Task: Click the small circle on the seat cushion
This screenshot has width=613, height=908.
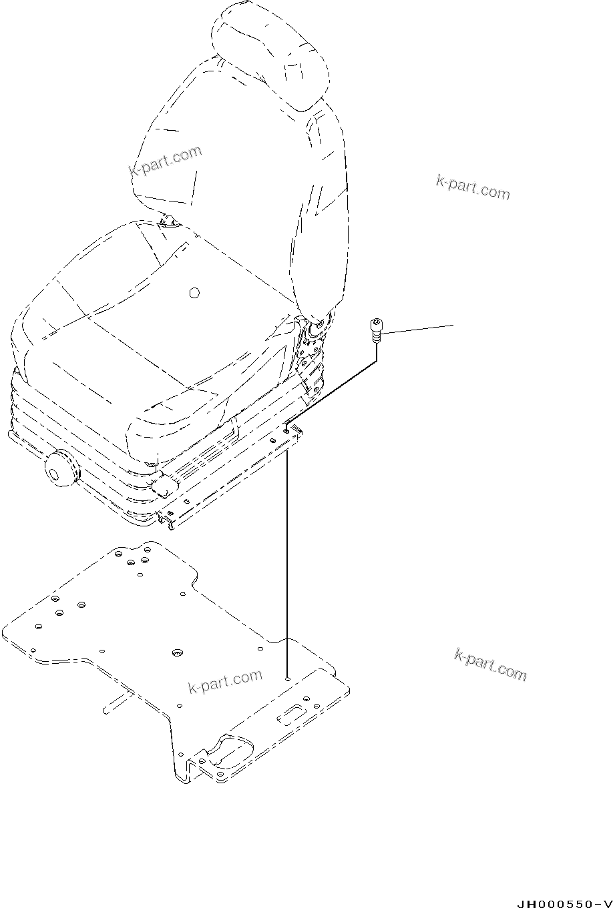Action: [x=194, y=293]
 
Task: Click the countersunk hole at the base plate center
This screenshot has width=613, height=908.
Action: [x=177, y=652]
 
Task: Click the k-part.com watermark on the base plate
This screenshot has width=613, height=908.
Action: [x=225, y=682]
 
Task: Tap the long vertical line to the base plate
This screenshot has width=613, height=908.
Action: [x=287, y=560]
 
